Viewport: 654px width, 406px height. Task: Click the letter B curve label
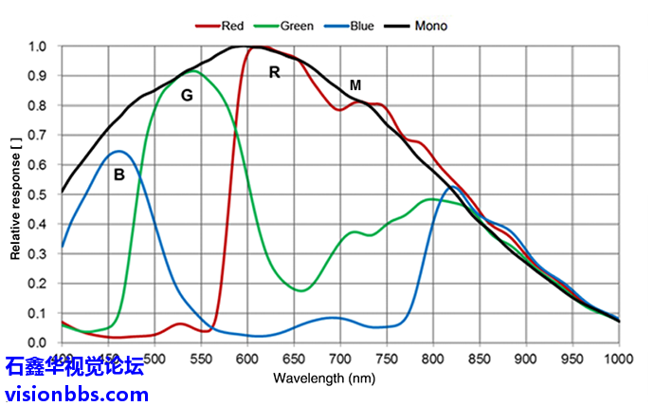click(118, 174)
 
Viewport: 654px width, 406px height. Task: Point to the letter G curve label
click(187, 95)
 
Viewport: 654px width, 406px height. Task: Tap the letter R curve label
click(275, 72)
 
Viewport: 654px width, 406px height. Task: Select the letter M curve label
click(355, 85)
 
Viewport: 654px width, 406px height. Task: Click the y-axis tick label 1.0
click(39, 46)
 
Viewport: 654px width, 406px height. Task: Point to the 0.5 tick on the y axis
click(39, 194)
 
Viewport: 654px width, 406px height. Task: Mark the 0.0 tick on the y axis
click(39, 342)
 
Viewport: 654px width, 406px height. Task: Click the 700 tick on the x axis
click(340, 360)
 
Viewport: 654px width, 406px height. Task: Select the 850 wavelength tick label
click(480, 360)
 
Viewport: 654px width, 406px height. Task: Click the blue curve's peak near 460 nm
click(118, 151)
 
